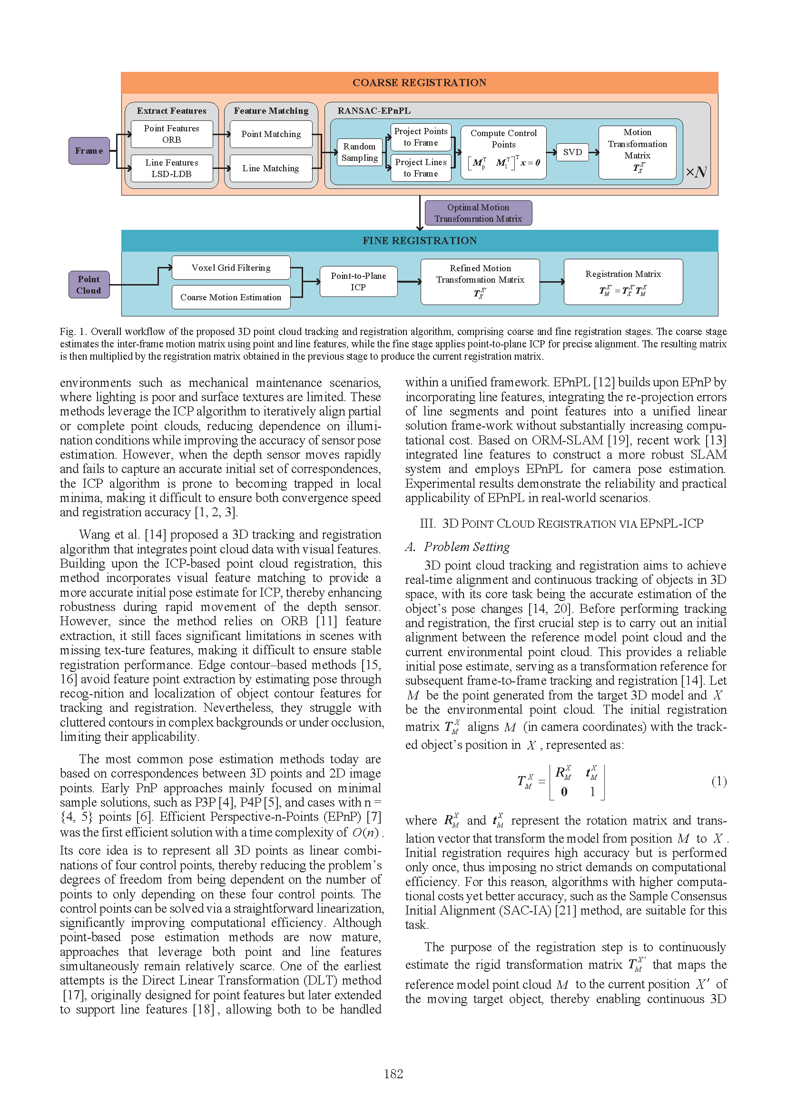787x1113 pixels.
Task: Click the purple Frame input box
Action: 89,151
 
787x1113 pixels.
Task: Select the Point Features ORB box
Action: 172,134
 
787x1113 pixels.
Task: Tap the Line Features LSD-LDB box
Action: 172,168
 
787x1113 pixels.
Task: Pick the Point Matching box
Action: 271,134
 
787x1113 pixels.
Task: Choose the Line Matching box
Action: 271,168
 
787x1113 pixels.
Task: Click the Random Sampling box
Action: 360,152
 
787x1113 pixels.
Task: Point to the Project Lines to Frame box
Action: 421,167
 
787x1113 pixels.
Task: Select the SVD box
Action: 572,152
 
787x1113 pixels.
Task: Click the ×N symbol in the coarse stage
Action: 696,172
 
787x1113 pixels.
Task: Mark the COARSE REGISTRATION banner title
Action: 419,82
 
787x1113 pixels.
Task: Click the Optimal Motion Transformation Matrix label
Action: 478,213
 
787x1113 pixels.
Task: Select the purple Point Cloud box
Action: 89,285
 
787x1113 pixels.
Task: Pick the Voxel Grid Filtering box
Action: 231,267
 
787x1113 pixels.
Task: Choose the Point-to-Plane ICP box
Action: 359,281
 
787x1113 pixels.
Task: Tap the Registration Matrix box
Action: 623,282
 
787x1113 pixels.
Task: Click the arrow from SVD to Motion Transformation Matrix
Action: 594,152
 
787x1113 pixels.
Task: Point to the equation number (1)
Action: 719,781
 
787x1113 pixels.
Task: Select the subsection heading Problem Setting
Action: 467,547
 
